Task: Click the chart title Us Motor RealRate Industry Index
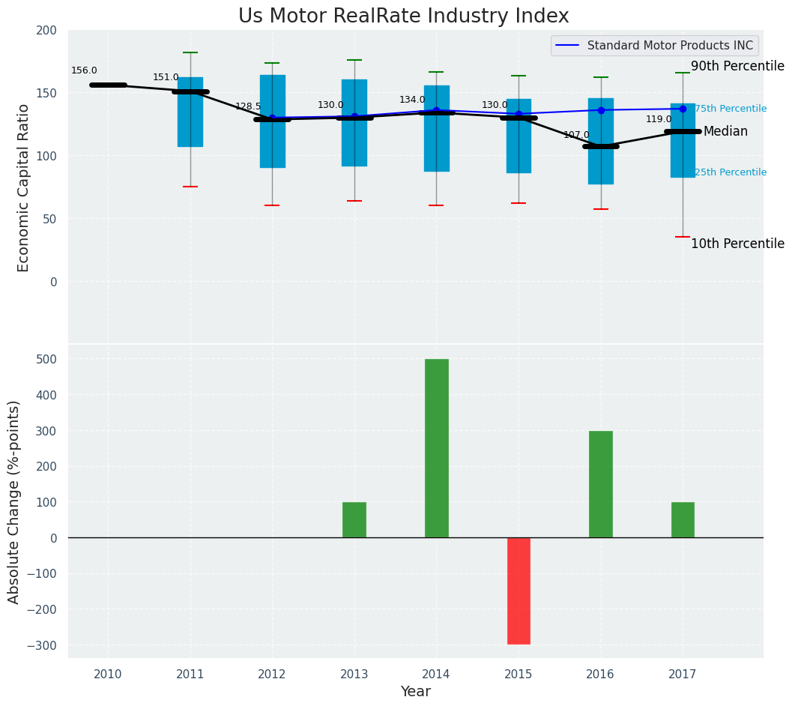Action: point(403,16)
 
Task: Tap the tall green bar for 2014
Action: point(436,448)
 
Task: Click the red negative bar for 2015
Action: point(519,591)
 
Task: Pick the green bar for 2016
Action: point(600,484)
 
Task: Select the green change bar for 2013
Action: point(354,519)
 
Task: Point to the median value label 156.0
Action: point(84,70)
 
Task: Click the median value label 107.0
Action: point(576,135)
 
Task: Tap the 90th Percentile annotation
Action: point(737,67)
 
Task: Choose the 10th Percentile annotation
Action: point(737,244)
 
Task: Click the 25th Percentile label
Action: point(731,172)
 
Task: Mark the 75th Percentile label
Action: point(731,109)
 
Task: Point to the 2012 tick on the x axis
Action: point(272,675)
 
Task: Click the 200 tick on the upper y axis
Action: point(46,31)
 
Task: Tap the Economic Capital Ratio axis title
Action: point(23,187)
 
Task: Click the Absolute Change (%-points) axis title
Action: point(14,501)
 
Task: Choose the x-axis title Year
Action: point(415,692)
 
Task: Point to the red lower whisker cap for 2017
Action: point(683,237)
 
